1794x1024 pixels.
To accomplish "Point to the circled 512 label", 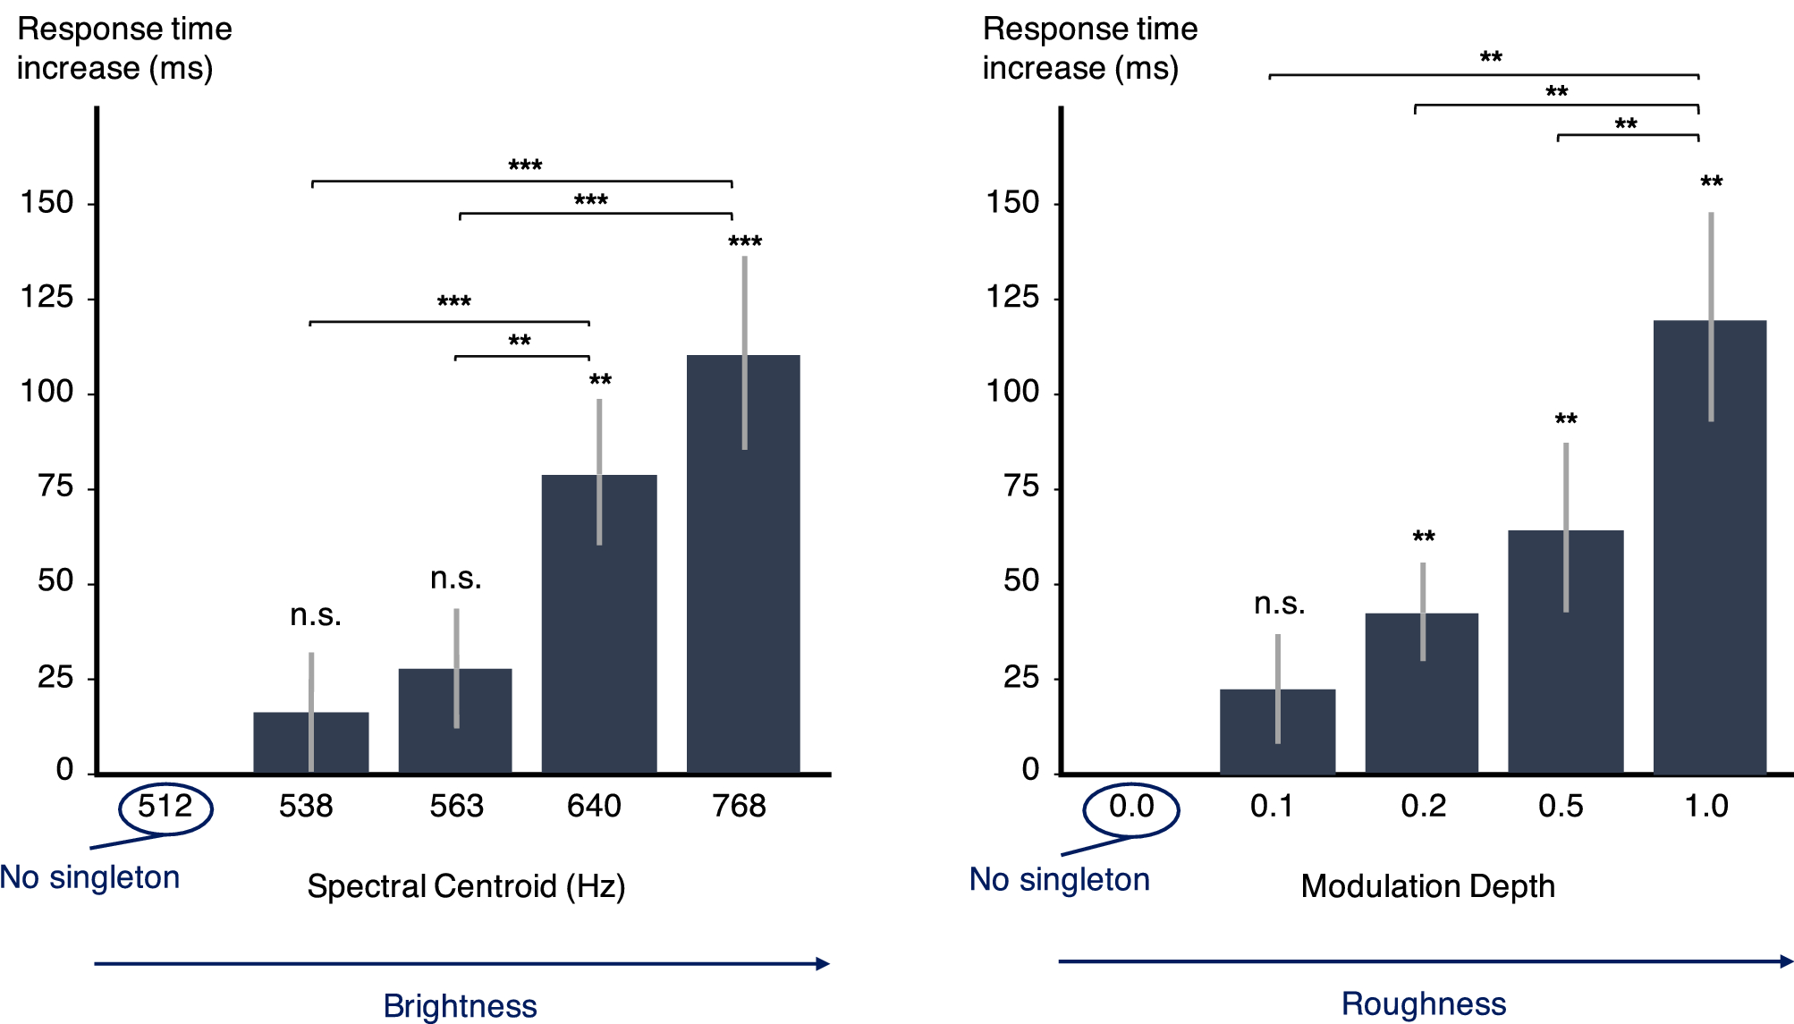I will pos(165,808).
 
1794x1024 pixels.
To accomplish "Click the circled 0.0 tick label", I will pos(1131,808).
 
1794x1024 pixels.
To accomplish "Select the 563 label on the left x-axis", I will pos(456,807).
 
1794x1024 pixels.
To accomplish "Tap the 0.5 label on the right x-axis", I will pos(1561,807).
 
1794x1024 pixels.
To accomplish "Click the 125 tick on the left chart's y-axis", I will pos(47,297).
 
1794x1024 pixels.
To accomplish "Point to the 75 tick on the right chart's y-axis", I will pos(1021,487).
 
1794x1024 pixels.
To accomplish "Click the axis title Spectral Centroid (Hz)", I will pos(466,886).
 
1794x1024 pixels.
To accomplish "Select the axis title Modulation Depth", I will pos(1427,886).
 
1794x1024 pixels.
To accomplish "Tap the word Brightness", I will pos(460,1006).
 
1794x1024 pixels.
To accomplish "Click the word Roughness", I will pos(1424,1004).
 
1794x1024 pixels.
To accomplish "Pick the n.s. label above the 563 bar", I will pos(456,579).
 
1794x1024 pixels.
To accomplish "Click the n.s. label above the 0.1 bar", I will pos(1279,604).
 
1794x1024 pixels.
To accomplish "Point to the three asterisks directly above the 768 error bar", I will pos(745,241).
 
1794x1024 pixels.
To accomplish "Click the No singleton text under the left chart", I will pos(90,877).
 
